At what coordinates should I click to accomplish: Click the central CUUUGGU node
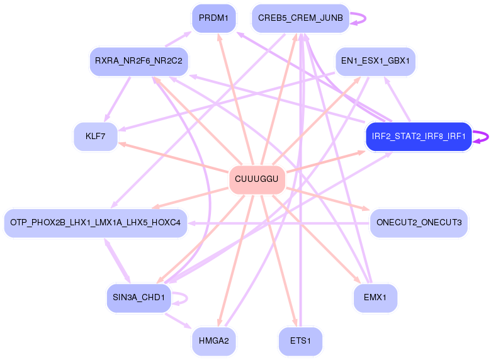click(x=257, y=179)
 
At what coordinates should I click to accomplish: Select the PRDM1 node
click(x=214, y=18)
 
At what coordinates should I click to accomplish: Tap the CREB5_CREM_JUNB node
click(x=300, y=18)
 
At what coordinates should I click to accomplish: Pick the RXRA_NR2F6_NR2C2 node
click(x=138, y=61)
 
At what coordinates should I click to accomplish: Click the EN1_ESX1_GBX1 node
click(x=375, y=61)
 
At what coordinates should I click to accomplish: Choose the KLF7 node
click(x=96, y=137)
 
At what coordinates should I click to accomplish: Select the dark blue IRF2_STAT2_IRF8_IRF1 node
click(x=419, y=137)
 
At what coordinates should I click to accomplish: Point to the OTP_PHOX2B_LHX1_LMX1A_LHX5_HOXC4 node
click(x=96, y=223)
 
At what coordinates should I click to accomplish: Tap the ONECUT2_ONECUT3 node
click(x=419, y=223)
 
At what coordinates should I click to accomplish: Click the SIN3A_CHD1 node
click(x=138, y=298)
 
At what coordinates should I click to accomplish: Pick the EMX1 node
click(x=375, y=298)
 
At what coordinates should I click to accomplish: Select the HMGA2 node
click(x=214, y=341)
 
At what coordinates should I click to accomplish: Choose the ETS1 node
click(x=300, y=341)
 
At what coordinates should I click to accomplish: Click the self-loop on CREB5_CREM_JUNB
click(x=365, y=18)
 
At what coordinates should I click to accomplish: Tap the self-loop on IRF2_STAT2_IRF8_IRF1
click(x=488, y=137)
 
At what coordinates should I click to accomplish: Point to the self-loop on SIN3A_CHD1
click(x=187, y=298)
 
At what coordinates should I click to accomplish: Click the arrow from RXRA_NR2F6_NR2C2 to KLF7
click(x=118, y=99)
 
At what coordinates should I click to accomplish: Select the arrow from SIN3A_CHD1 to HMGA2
click(x=178, y=321)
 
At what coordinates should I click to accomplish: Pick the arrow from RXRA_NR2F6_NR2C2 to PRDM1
click(x=178, y=39)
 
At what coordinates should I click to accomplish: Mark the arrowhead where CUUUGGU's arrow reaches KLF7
click(x=121, y=144)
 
